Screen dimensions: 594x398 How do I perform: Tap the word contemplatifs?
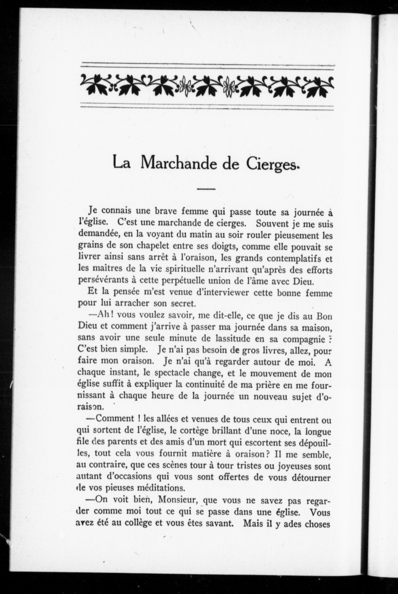(290, 258)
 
